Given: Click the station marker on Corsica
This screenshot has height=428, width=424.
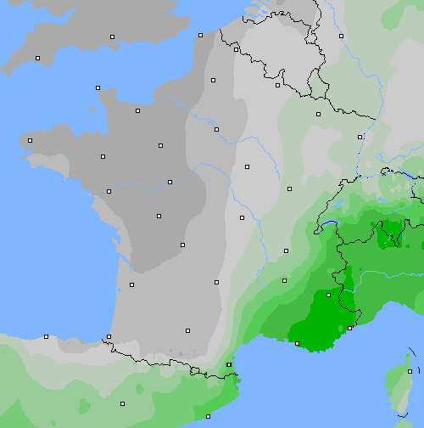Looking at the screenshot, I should click(x=410, y=371).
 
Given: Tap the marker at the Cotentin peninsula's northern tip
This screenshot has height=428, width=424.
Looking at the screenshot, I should click(x=98, y=87).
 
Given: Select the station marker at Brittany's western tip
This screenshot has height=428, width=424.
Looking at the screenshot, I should click(x=31, y=140).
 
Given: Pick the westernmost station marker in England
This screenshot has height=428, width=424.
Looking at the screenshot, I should click(x=37, y=58).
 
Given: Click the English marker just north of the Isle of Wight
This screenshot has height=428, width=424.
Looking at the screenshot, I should click(x=112, y=37).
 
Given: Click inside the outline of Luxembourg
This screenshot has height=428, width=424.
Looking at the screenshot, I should click(x=319, y=85).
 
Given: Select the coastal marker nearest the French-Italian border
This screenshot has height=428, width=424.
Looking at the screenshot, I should click(x=350, y=328).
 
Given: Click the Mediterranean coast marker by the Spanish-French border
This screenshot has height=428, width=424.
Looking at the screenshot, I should click(x=229, y=365).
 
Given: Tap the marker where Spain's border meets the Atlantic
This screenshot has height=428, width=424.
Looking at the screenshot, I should click(x=109, y=337).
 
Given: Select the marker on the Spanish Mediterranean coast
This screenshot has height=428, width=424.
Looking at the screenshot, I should click(x=208, y=416).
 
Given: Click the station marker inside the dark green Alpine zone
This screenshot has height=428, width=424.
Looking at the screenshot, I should click(x=328, y=295).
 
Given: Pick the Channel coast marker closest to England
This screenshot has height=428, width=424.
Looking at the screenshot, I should click(x=200, y=35).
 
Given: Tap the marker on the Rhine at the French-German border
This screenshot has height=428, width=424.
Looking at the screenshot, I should click(x=360, y=136).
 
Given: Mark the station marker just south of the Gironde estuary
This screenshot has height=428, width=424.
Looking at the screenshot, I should click(x=131, y=284).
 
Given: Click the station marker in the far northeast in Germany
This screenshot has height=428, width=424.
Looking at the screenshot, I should click(x=341, y=36).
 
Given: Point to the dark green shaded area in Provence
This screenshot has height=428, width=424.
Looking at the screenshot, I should click(x=314, y=327).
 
